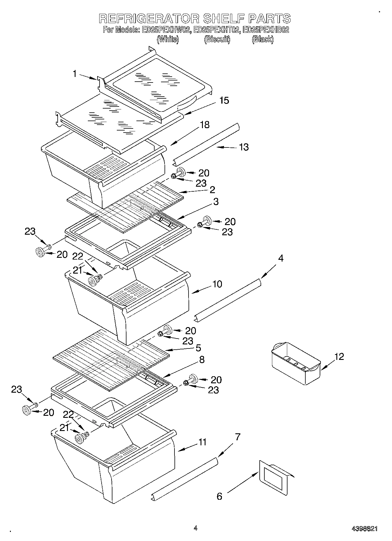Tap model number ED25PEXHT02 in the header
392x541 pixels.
click(217, 30)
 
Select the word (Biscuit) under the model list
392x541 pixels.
click(217, 39)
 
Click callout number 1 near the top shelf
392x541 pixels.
click(75, 74)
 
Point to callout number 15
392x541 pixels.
click(224, 100)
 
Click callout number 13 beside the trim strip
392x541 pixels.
click(244, 147)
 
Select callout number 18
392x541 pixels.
click(205, 125)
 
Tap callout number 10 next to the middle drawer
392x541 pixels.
click(217, 284)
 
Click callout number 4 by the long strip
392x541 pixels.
click(280, 258)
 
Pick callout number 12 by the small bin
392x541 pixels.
click(339, 356)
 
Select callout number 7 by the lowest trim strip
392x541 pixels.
click(237, 437)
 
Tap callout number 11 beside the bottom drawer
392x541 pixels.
click(202, 442)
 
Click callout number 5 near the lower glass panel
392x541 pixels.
click(198, 348)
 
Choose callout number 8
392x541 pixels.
click(202, 360)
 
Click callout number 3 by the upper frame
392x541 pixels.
click(216, 202)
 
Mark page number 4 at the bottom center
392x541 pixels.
click(195, 528)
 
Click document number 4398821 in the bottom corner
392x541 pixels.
click(364, 529)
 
